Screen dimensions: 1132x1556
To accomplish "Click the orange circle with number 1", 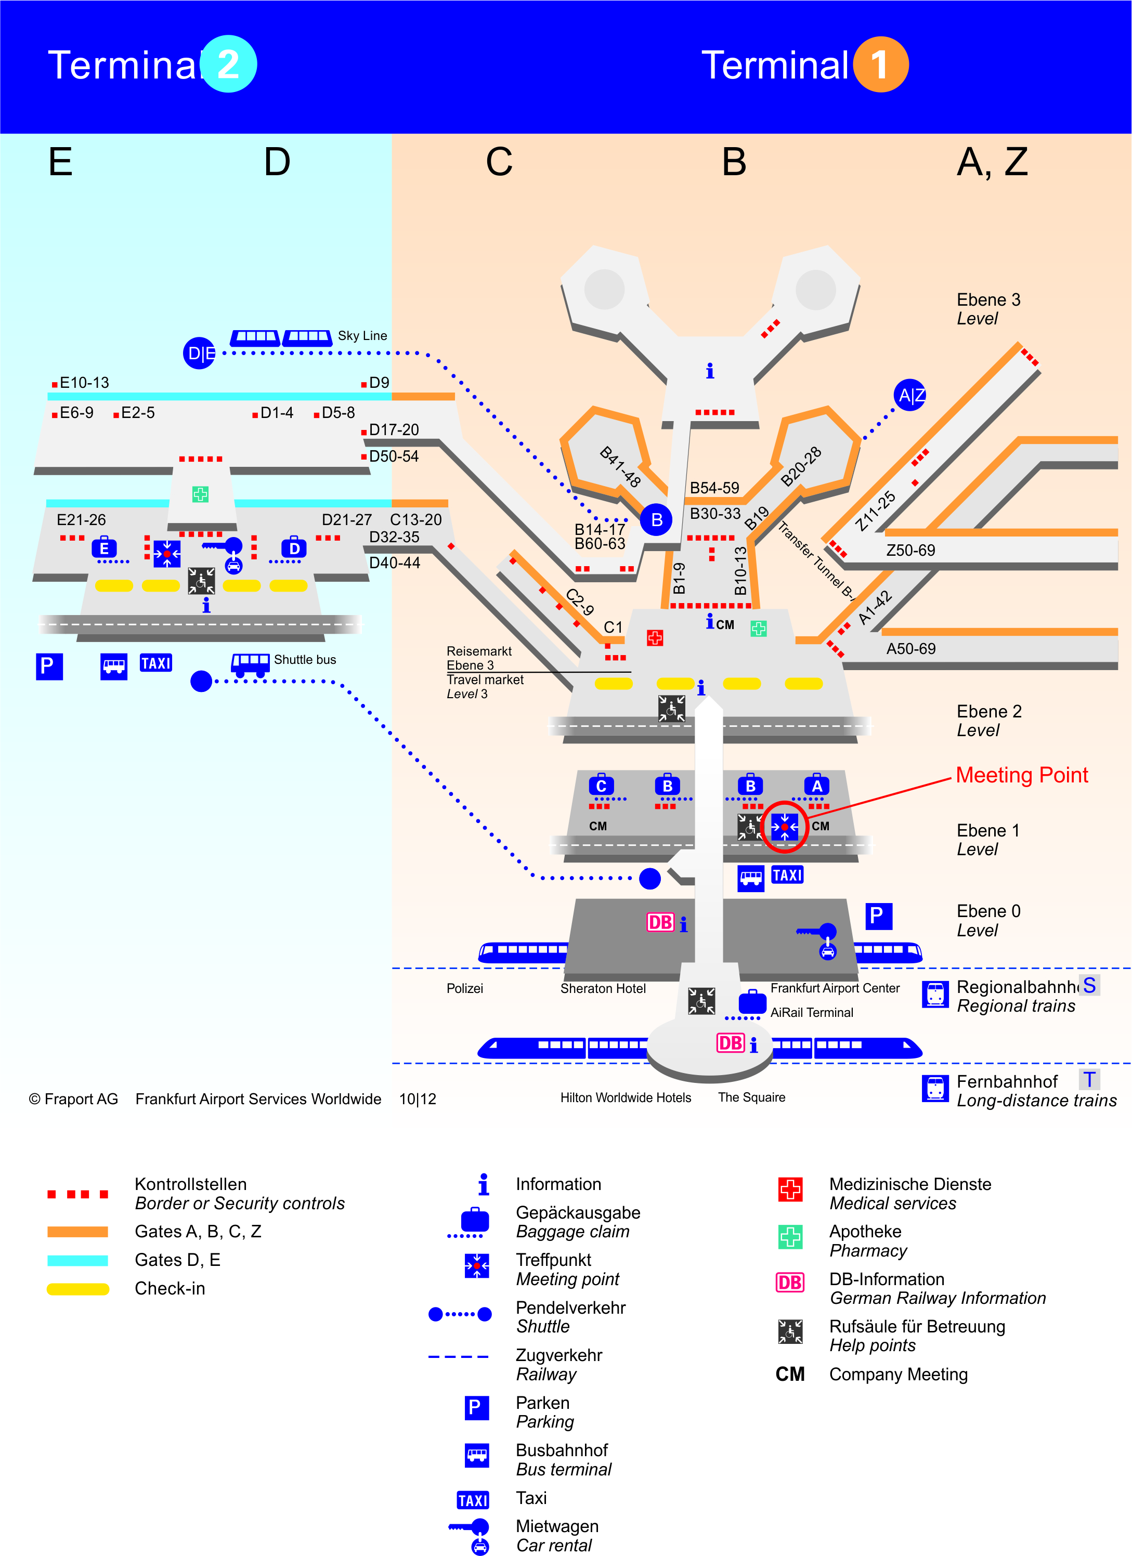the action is click(881, 64).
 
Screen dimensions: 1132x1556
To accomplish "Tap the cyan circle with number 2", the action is click(228, 64).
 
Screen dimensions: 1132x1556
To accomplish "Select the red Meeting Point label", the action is click(1022, 775).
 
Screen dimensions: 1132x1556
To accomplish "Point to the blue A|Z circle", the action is click(910, 395).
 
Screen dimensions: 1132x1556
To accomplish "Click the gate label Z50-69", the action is click(910, 550).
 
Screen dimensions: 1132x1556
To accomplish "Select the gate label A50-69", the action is click(911, 649).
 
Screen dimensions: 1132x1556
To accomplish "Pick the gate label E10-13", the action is click(84, 383).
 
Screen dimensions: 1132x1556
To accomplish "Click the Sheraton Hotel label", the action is click(603, 989).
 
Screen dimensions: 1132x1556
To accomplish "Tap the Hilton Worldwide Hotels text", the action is click(626, 1097).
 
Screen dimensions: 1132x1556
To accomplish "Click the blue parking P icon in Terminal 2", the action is click(49, 666).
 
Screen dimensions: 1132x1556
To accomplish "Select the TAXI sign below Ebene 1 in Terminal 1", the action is click(787, 875).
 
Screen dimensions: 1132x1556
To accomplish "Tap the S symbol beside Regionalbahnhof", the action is click(1089, 985).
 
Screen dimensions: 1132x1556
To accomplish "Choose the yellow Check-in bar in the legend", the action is click(77, 1289).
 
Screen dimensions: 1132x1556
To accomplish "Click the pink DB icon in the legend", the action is click(790, 1282).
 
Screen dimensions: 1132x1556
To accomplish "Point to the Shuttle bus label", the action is click(305, 660).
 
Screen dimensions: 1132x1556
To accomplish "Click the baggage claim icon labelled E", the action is click(105, 547).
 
